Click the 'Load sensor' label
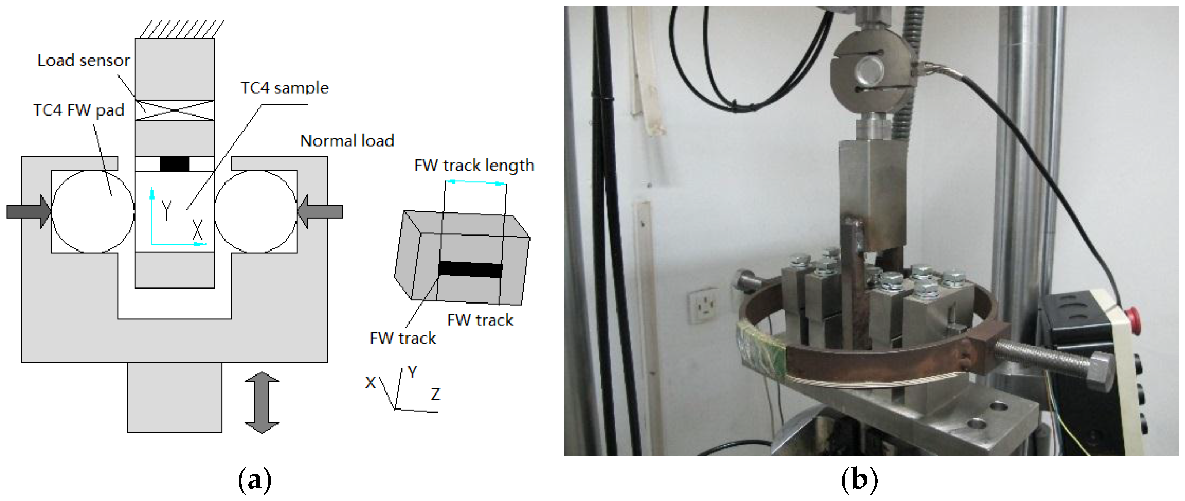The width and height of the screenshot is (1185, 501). (83, 60)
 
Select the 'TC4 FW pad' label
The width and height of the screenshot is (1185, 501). (79, 110)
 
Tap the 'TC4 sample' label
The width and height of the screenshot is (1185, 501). (285, 87)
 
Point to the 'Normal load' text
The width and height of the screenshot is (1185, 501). (347, 140)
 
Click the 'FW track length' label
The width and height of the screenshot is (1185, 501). (474, 165)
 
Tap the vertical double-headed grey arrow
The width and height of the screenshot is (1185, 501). (262, 402)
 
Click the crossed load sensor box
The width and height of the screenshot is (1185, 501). (174, 110)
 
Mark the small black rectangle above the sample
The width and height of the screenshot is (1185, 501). (174, 164)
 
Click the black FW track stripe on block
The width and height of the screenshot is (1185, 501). (470, 269)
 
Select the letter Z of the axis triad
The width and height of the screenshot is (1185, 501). (435, 394)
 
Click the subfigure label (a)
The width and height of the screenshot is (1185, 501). (254, 480)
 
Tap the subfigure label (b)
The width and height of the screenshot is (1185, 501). (859, 480)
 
